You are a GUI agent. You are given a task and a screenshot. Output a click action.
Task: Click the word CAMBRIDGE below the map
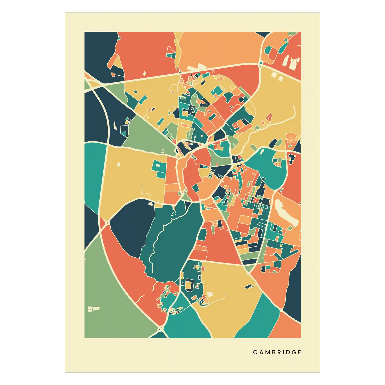[277, 352]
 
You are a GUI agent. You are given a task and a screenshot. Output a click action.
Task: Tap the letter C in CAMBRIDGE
[255, 352]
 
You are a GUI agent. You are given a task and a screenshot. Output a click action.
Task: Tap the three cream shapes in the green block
[94, 309]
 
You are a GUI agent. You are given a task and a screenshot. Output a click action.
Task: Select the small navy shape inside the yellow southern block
[248, 287]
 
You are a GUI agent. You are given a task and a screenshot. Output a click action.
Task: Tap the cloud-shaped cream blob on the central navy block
[151, 204]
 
